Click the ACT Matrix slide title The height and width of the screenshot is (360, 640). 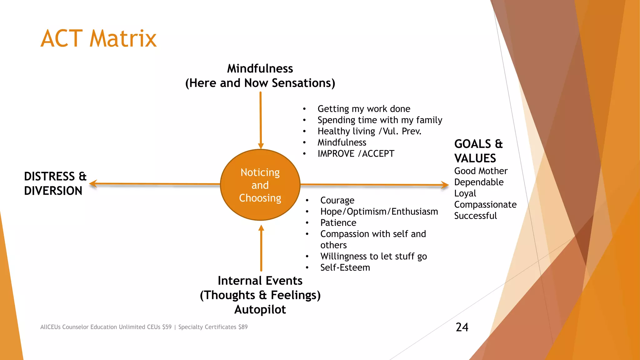[x=98, y=38]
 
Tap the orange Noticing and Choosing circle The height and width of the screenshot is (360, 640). [x=260, y=185]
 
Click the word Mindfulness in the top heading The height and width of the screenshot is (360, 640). [x=260, y=68]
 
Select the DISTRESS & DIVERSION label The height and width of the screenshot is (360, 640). [x=55, y=183]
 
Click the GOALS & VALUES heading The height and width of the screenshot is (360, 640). [x=478, y=151]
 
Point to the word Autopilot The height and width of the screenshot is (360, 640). [x=260, y=309]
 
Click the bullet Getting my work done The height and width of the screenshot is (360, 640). [x=364, y=109]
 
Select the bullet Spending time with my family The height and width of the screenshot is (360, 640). [x=380, y=120]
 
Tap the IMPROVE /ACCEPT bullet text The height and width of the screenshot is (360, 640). [x=356, y=154]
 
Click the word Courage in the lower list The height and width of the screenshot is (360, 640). [x=337, y=200]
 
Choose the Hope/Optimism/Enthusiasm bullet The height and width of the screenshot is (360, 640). [x=379, y=212]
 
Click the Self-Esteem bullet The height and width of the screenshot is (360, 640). [x=345, y=267]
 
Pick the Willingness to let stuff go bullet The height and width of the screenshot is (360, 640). [x=373, y=256]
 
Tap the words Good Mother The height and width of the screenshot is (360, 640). [x=481, y=171]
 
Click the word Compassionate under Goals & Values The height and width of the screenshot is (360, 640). [x=485, y=205]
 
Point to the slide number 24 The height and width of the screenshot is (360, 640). [x=462, y=327]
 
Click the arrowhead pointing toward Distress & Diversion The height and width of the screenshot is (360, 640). [x=93, y=184]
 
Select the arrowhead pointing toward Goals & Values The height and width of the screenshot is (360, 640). [x=445, y=185]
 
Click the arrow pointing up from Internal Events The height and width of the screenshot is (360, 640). [x=261, y=247]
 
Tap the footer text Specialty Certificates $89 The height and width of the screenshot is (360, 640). [x=213, y=327]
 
